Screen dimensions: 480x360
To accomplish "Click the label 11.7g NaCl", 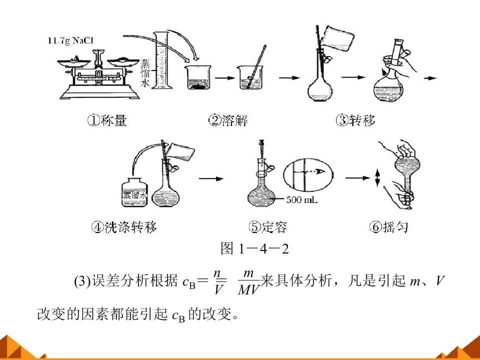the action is pyautogui.click(x=70, y=40).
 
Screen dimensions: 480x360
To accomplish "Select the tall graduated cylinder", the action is pyautogui.click(x=161, y=60).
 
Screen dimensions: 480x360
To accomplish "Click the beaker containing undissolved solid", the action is pyautogui.click(x=198, y=77).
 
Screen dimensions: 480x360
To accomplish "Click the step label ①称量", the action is pyautogui.click(x=107, y=120).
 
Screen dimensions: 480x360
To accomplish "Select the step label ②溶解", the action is pyautogui.click(x=228, y=120).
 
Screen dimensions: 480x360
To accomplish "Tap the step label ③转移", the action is pyautogui.click(x=355, y=120).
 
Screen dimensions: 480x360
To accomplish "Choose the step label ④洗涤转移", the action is pyautogui.click(x=124, y=227).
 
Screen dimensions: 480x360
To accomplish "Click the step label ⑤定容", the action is pyautogui.click(x=268, y=227).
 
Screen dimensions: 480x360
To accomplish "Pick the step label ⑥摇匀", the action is pyautogui.click(x=389, y=227).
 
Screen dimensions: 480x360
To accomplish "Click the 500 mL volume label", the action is pyautogui.click(x=302, y=200).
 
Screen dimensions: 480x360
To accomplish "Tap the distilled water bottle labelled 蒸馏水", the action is pyautogui.click(x=134, y=191).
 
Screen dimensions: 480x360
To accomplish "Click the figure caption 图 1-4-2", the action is pyautogui.click(x=254, y=248).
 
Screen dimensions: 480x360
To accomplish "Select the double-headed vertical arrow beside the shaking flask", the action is pyautogui.click(x=377, y=178).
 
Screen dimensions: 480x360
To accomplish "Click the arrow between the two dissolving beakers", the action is pyautogui.click(x=225, y=78).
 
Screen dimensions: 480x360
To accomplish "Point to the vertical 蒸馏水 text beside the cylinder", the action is pyautogui.click(x=145, y=73).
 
